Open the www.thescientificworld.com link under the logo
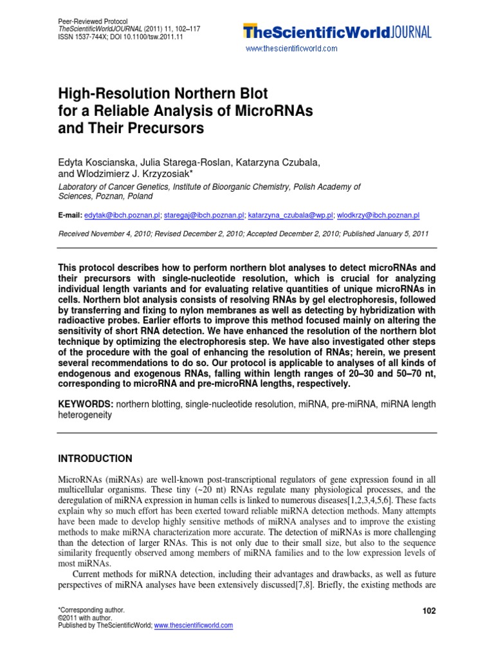click(x=291, y=49)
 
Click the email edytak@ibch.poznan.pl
click(x=122, y=216)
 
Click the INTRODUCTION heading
click(x=95, y=459)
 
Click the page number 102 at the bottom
click(x=428, y=611)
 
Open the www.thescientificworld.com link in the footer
click(x=193, y=625)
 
